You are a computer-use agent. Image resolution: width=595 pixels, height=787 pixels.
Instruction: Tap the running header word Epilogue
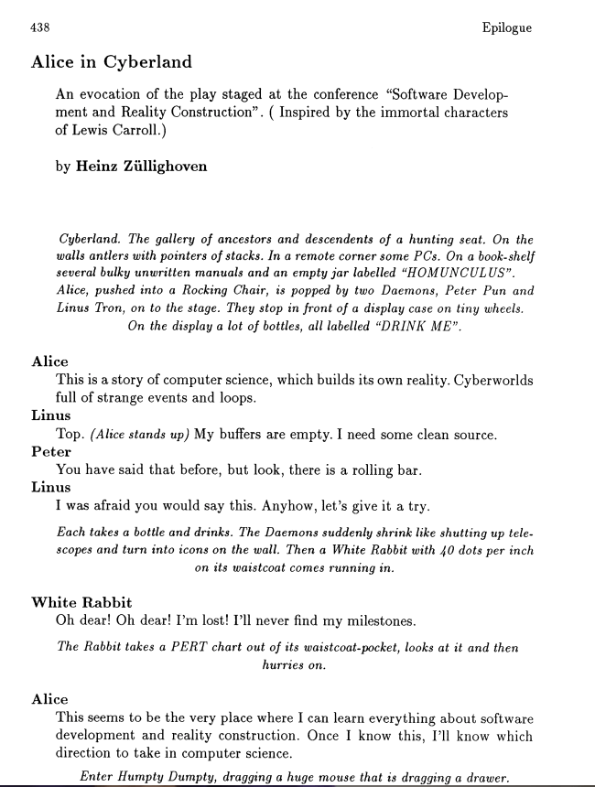[505, 28]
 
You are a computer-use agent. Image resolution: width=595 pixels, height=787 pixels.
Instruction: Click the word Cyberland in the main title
[149, 62]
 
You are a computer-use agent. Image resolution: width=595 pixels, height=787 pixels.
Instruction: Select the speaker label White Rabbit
[81, 602]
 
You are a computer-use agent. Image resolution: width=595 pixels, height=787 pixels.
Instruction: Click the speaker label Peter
[51, 452]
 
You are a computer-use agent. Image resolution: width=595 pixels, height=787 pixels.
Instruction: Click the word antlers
[105, 256]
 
